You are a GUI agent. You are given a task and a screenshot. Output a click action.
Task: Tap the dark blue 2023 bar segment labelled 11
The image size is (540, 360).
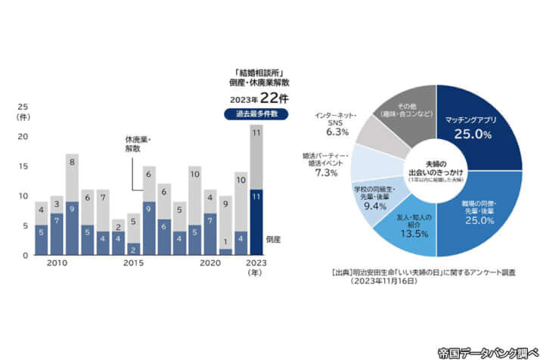(x=256, y=222)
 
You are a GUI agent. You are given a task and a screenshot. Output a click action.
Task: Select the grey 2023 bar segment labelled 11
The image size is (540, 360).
(x=256, y=157)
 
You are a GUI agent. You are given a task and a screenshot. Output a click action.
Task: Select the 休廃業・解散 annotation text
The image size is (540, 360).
(x=138, y=144)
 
